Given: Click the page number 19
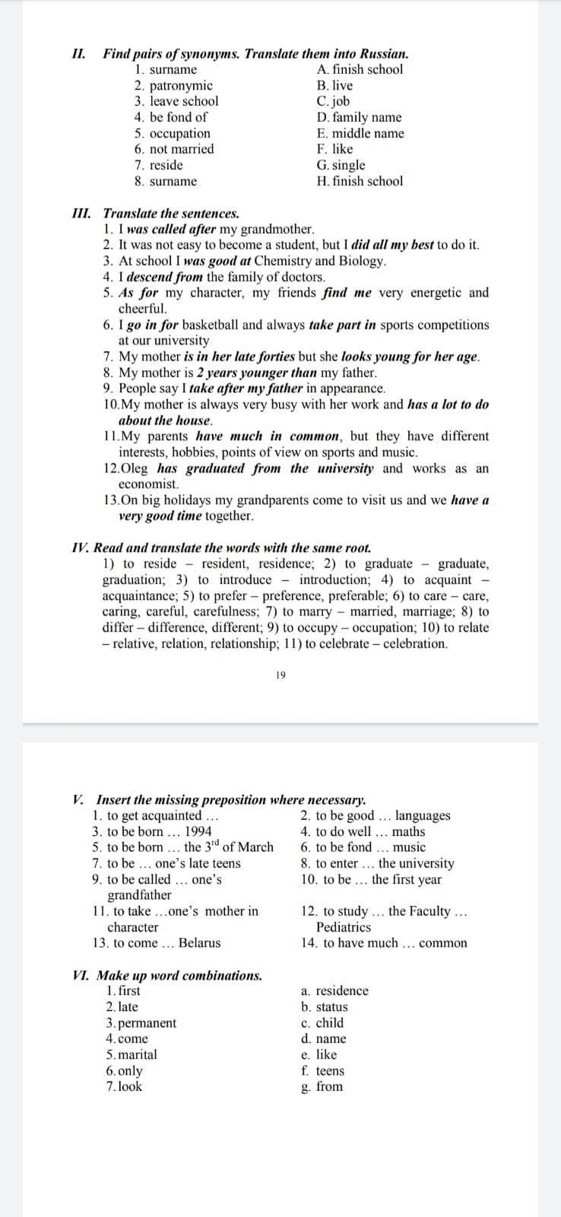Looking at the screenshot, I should point(280,675).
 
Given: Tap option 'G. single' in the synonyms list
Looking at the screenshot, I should point(341,165).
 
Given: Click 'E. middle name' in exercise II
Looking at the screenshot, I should point(360,133).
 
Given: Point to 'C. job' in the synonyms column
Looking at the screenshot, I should point(334,101).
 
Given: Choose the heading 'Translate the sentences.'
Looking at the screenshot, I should point(171,213).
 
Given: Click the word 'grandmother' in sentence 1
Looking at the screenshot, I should point(277,229).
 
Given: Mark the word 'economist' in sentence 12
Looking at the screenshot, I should point(148,484).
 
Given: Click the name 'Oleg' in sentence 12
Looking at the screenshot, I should point(135,468).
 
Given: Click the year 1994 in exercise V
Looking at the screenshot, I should point(198,831).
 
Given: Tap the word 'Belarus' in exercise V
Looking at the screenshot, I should point(199,943).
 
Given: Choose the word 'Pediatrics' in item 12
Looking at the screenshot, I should point(344,927).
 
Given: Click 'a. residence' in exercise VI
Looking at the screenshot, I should point(334,991).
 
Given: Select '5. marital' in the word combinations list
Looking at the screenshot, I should point(132,1055).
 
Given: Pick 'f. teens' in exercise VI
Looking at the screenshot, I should point(323,1071).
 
